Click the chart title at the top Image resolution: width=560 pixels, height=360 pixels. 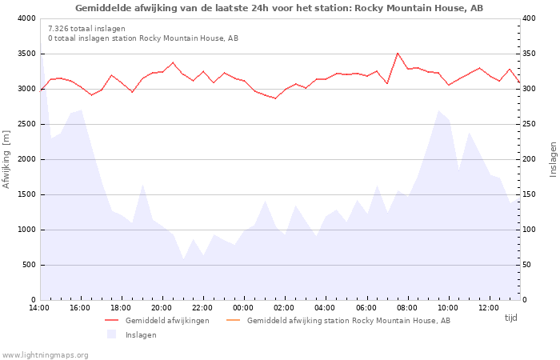click(x=279, y=8)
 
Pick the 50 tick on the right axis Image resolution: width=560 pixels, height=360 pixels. click(x=527, y=265)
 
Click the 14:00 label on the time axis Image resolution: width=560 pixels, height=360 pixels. click(x=39, y=308)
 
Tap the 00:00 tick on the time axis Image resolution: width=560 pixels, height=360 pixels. click(x=244, y=308)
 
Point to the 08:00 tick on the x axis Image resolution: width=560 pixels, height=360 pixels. click(x=407, y=308)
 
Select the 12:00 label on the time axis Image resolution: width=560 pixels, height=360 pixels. click(x=489, y=308)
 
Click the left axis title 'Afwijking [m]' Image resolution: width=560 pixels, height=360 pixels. click(x=7, y=159)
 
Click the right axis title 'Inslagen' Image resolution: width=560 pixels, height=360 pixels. click(x=553, y=159)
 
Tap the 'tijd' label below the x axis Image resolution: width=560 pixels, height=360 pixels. click(x=510, y=318)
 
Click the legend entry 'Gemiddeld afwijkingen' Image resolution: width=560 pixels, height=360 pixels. click(x=167, y=321)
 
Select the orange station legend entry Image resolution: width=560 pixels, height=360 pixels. click(x=348, y=321)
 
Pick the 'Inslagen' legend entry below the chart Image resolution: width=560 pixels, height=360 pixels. click(x=141, y=335)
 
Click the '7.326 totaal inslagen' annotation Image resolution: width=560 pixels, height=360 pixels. click(x=86, y=29)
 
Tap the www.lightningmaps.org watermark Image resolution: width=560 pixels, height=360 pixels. click(x=46, y=355)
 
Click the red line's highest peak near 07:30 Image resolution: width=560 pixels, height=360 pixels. click(x=398, y=53)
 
